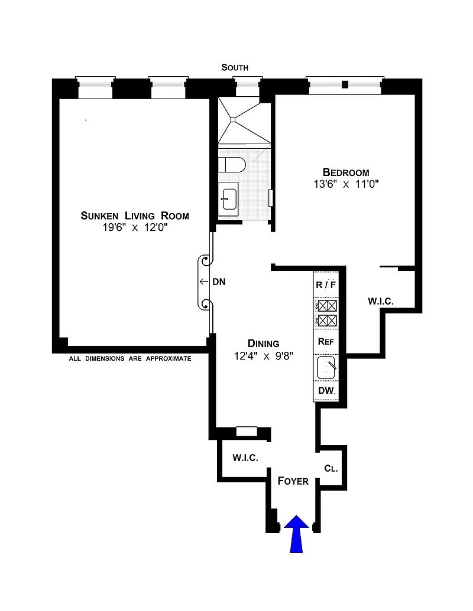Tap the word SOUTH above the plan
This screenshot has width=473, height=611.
(235, 67)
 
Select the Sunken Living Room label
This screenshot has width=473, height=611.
(135, 215)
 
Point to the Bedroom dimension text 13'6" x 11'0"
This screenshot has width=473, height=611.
(346, 184)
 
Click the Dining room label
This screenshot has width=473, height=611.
(264, 344)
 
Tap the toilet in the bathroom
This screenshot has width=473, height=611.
(231, 165)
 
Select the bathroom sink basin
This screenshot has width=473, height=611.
(229, 199)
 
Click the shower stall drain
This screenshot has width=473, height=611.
(234, 120)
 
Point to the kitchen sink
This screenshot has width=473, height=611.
(326, 367)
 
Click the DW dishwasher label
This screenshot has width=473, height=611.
(326, 390)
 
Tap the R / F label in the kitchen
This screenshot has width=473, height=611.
(325, 285)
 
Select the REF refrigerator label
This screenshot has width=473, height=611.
(326, 342)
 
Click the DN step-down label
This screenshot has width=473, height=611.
(219, 282)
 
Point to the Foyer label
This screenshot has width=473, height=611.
(293, 481)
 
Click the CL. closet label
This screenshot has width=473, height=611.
(331, 468)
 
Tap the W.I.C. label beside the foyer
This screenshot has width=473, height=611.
(245, 458)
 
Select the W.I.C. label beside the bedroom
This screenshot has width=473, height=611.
(381, 301)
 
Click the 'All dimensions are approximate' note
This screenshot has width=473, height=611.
(130, 358)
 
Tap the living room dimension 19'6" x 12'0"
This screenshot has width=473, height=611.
(135, 227)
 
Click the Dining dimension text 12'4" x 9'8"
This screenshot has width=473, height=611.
(264, 356)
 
